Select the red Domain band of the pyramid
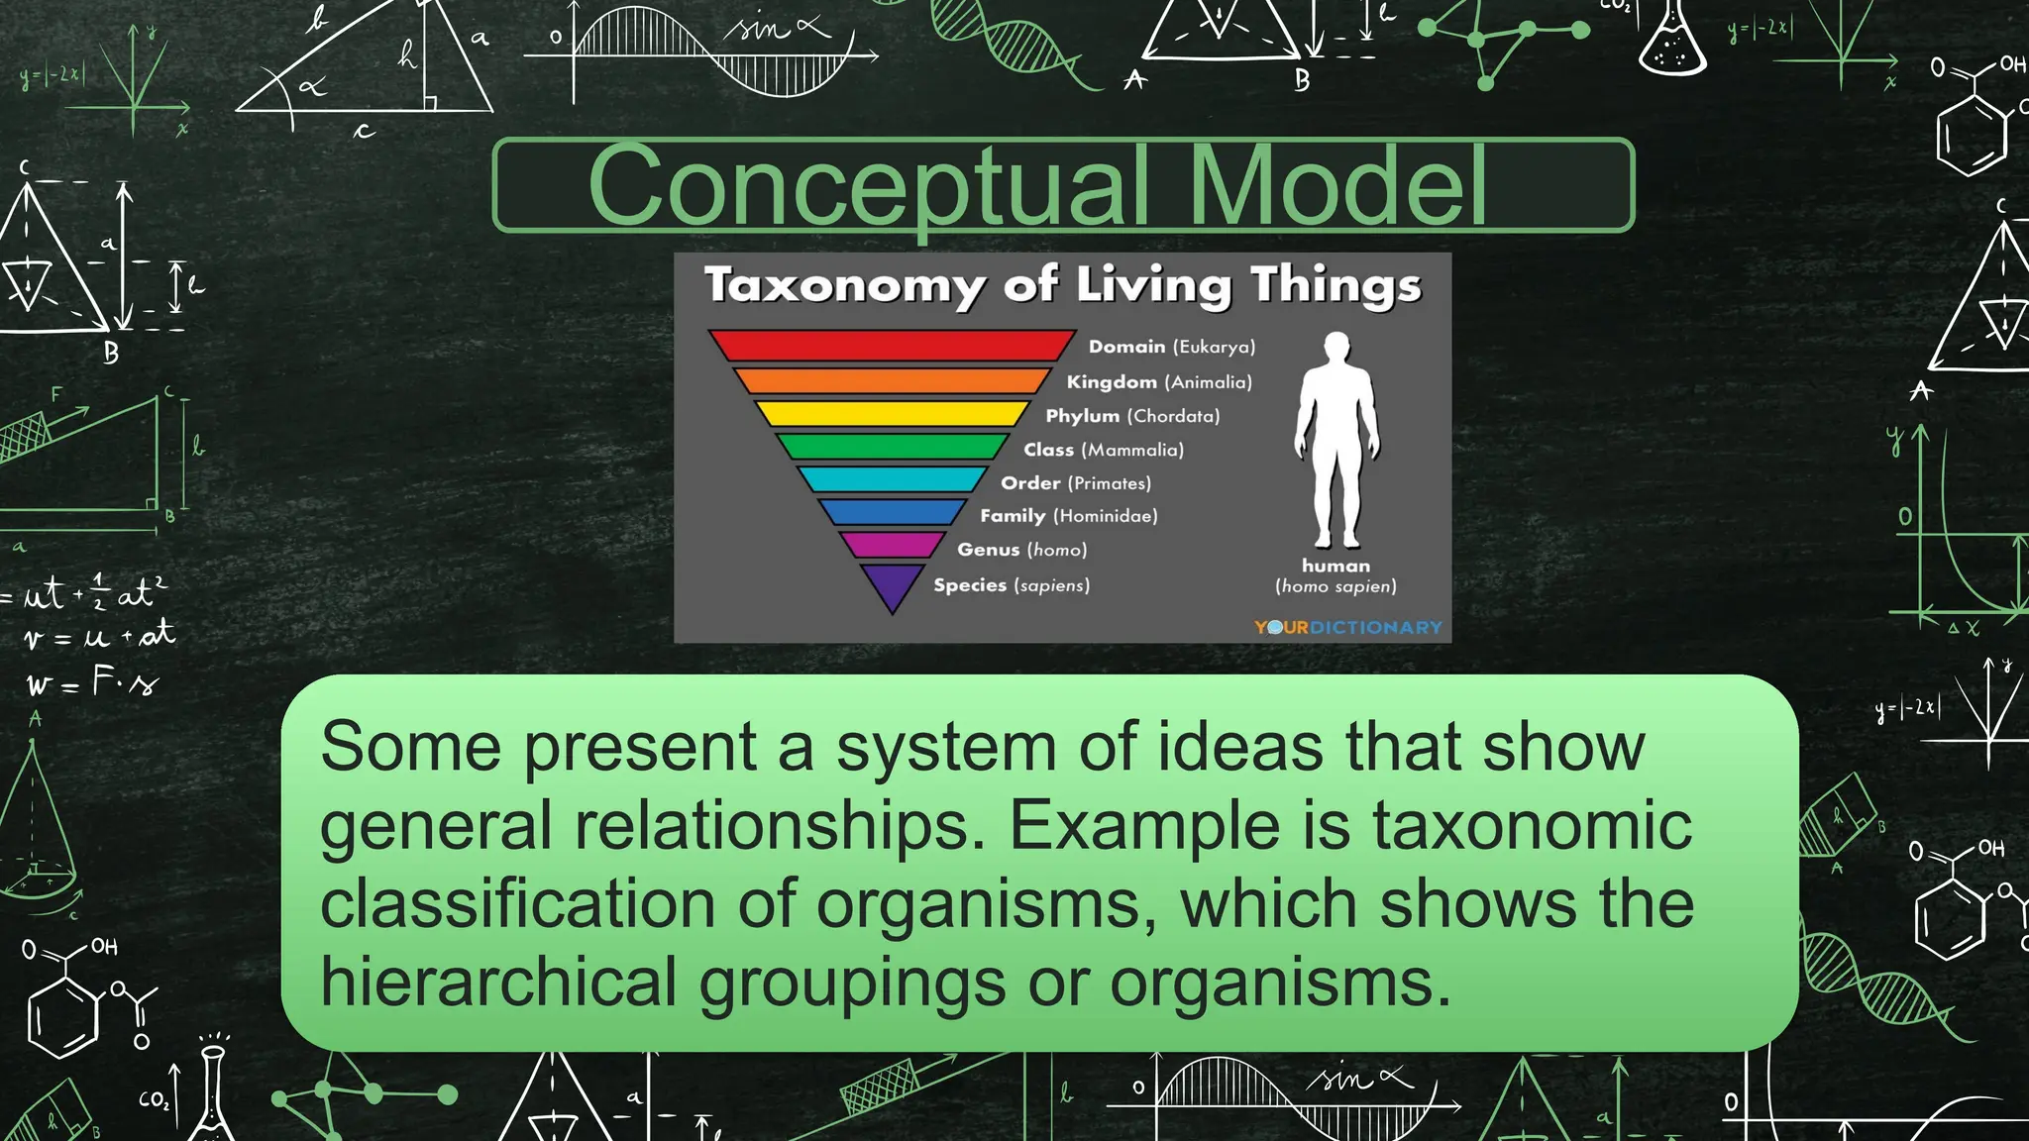[892, 345]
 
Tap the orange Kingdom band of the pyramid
[892, 381]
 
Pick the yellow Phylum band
[892, 414]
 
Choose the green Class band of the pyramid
[892, 447]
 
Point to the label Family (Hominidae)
[1068, 516]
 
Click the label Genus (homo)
[1021, 550]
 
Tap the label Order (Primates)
[1075, 483]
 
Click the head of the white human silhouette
[1336, 348]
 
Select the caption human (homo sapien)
[1335, 576]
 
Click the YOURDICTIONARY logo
[1347, 627]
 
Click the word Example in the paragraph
[1143, 826]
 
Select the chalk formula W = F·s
[92, 681]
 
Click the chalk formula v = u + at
[99, 636]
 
